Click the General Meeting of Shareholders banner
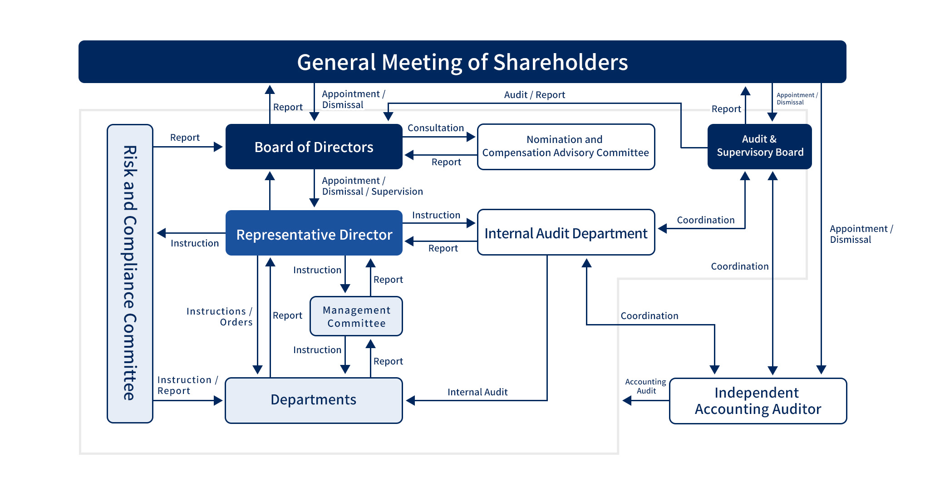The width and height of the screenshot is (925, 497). coord(462,62)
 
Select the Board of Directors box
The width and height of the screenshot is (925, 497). coord(314,147)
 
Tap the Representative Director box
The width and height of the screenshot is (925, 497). coord(314,233)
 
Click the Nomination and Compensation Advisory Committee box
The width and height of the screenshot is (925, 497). coord(566,147)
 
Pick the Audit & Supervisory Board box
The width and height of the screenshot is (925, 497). coord(760,147)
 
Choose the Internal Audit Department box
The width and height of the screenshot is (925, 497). coord(566,232)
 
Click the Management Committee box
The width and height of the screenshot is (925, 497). coord(356,316)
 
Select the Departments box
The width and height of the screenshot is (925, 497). coord(314,400)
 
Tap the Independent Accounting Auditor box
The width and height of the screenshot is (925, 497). coord(758,401)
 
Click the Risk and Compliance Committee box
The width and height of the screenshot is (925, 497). coord(130,274)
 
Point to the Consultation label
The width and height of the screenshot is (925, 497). coord(436,128)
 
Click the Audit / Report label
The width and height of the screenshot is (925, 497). coord(535,95)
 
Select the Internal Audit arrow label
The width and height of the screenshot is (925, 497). coord(477,392)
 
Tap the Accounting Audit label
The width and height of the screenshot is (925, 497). coord(646,386)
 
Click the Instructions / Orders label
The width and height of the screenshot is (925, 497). coord(220,317)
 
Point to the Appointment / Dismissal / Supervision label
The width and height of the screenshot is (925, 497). coord(372,186)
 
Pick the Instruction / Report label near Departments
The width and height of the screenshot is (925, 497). coord(188,385)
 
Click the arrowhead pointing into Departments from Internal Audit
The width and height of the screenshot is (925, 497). coord(410,400)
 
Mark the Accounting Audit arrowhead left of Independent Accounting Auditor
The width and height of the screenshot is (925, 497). coord(627,400)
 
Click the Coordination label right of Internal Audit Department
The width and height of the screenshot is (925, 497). coord(706,220)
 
